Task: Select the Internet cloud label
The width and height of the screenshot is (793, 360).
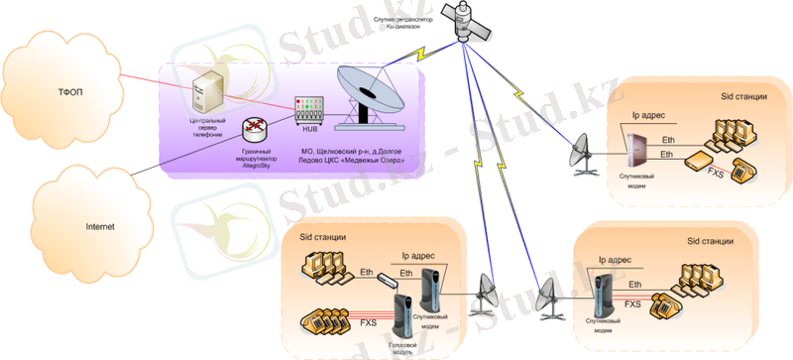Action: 98,226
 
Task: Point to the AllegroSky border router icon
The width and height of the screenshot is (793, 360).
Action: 257,128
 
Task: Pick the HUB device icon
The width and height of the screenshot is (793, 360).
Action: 309,108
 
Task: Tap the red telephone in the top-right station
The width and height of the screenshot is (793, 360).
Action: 743,169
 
